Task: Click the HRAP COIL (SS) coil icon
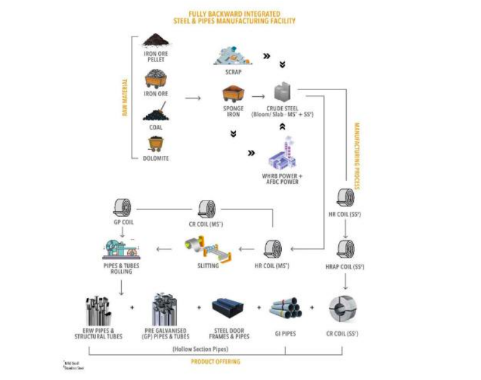(x=346, y=250)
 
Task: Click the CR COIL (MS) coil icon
(x=207, y=208)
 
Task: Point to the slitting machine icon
(x=207, y=250)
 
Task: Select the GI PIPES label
(x=285, y=334)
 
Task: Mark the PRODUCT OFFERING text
(x=215, y=361)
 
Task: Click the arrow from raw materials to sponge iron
(x=193, y=98)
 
